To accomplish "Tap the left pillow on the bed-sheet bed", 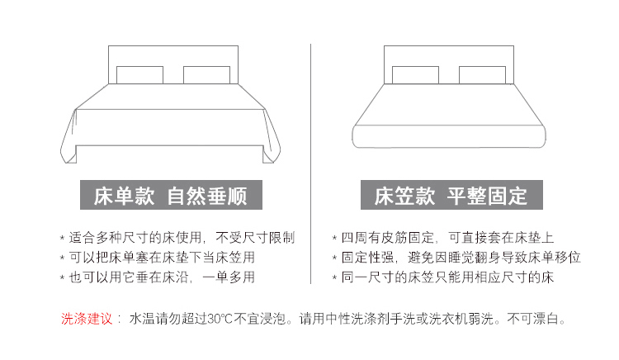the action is [x=139, y=75].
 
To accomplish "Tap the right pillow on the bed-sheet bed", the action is [x=206, y=75].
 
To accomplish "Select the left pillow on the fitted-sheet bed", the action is [x=415, y=75].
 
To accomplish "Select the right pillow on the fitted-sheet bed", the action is [x=481, y=75].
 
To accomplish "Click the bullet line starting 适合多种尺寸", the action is [x=177, y=237].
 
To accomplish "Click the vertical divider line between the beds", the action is [x=310, y=165].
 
